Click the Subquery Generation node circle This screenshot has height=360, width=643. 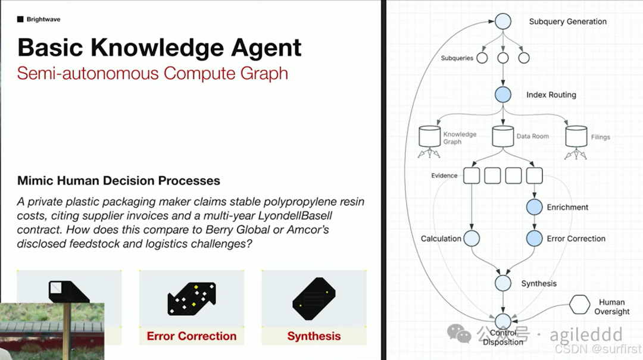click(503, 21)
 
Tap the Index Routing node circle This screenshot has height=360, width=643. click(503, 95)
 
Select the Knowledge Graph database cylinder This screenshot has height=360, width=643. click(429, 137)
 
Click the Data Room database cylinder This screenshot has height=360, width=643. click(503, 136)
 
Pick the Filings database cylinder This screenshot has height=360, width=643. click(576, 136)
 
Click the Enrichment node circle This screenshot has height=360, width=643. click(534, 207)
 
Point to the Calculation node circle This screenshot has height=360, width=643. click(472, 239)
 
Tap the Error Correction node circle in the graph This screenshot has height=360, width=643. click(534, 239)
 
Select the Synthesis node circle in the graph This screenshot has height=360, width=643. click(503, 283)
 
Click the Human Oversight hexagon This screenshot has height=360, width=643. click(579, 305)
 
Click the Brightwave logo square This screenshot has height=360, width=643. click(20, 20)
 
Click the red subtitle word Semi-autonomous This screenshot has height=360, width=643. click(88, 73)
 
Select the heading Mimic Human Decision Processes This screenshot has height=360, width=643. click(118, 181)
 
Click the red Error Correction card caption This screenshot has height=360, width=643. click(192, 336)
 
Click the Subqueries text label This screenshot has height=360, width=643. click(457, 58)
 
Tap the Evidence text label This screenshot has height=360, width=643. click(444, 176)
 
